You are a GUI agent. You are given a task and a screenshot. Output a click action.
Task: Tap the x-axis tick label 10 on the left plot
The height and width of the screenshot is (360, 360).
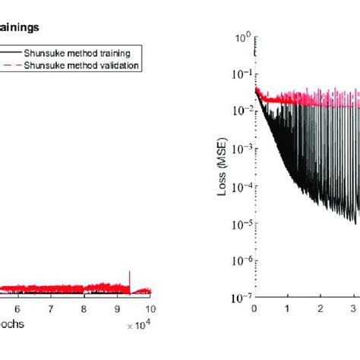[150, 309]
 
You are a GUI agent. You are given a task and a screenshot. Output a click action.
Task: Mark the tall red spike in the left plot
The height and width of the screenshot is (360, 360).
[130, 276]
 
